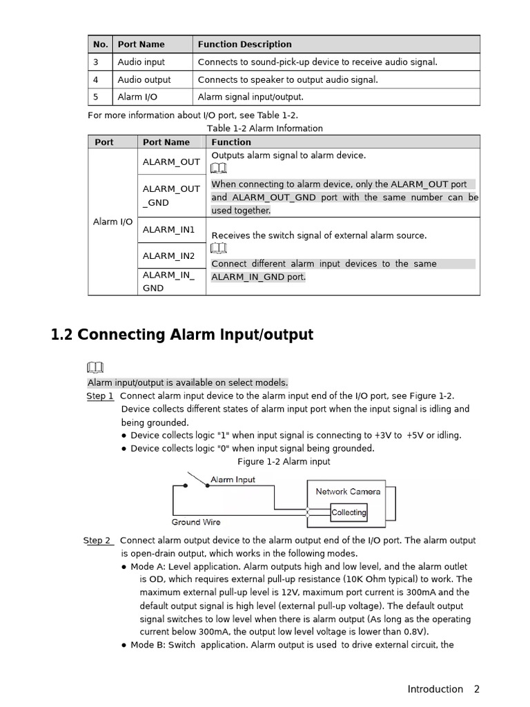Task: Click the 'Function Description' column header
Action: (244, 44)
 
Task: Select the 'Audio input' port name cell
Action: (141, 62)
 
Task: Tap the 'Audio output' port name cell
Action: (144, 79)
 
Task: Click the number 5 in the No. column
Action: (96, 97)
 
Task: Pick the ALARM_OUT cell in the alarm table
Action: (171, 162)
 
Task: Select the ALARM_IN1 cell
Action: (168, 229)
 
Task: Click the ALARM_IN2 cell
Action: (168, 255)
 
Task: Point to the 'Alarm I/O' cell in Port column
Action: (112, 222)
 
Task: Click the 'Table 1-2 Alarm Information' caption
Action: (264, 128)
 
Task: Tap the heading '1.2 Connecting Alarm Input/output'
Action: (182, 335)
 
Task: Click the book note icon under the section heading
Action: (95, 367)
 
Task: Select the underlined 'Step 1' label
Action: (100, 396)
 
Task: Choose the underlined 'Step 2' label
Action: (97, 541)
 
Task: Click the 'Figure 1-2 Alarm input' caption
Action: (284, 461)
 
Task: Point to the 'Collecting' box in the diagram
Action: (349, 512)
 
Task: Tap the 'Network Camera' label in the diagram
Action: (348, 492)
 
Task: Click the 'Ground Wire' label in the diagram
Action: (196, 522)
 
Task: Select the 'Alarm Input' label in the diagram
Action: (233, 480)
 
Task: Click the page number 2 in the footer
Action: (476, 689)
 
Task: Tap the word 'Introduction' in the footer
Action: (435, 689)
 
